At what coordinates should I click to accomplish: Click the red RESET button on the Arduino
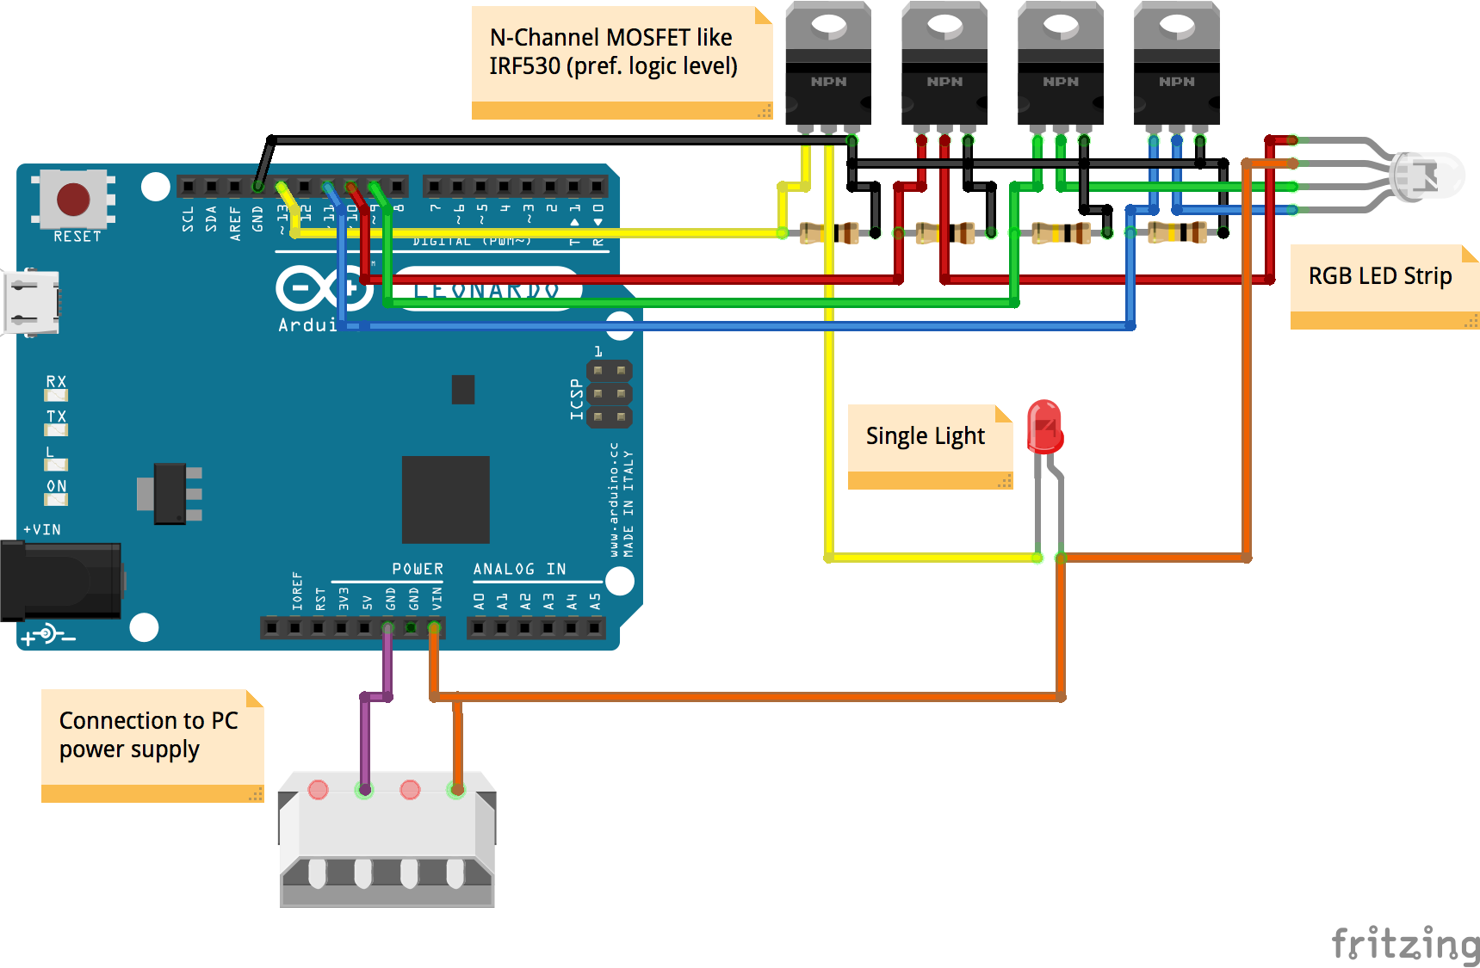[73, 200]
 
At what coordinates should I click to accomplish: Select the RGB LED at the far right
[1426, 176]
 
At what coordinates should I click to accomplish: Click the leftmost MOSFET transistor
[828, 65]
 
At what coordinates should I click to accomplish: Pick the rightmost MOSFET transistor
[1176, 65]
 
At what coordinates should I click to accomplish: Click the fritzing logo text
[1404, 943]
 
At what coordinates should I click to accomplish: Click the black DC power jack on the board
[60, 581]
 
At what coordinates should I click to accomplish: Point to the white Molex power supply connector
[387, 839]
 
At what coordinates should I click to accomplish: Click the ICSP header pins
[610, 394]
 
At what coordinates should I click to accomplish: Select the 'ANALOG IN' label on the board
[519, 569]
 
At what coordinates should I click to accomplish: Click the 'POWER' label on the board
[418, 569]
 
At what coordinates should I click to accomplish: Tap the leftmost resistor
[829, 232]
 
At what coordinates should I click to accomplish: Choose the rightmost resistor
[1178, 231]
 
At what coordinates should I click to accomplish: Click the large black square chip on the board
[445, 499]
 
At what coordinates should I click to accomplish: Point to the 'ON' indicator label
[56, 486]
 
